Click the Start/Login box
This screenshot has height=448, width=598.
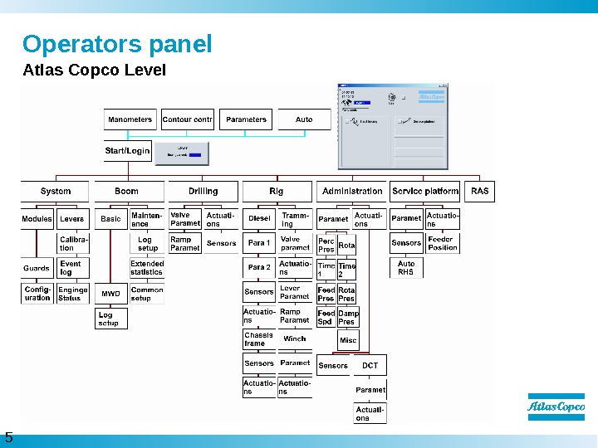128,151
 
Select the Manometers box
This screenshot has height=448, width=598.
130,119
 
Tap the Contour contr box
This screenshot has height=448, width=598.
188,119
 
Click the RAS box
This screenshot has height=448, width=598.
480,191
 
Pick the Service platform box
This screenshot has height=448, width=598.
424,191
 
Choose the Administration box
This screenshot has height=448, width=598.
352,191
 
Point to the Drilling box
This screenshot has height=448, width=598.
203,191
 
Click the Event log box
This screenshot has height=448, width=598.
73,268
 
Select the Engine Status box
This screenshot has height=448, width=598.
73,294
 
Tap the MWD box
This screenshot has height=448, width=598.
110,294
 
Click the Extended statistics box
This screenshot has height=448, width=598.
147,268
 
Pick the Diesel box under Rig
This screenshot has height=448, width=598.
259,219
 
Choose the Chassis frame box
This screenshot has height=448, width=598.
258,339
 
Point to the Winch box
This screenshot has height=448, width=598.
295,338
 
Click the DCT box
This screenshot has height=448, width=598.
370,365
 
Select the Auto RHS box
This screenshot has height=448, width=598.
406,268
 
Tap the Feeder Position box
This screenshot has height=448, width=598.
443,243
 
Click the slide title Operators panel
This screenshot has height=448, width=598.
117,43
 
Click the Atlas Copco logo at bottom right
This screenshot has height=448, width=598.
556,407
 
